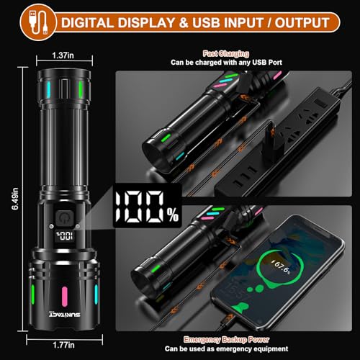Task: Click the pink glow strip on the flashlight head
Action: tap(64, 295)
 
